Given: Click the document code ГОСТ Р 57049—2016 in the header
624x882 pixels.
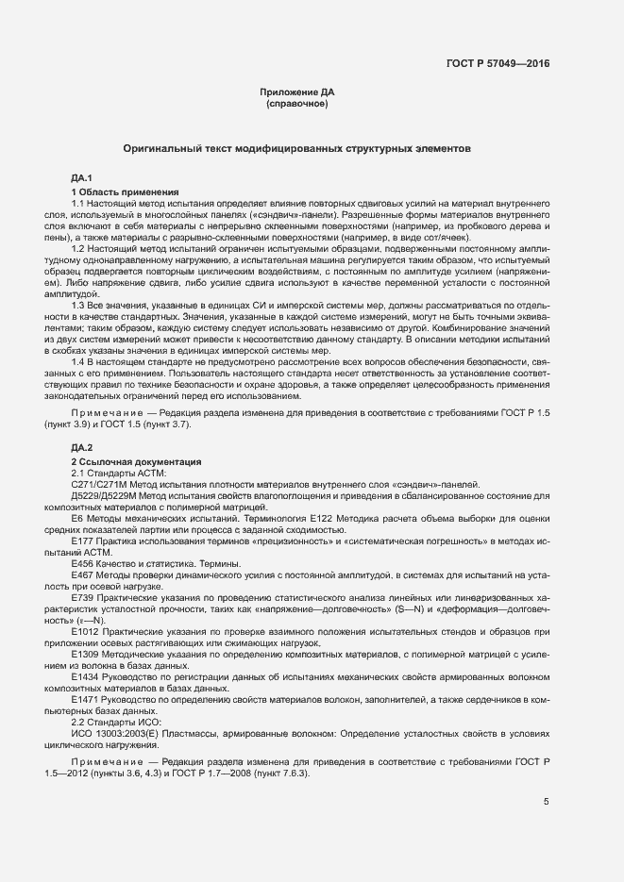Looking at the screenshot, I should [498, 64].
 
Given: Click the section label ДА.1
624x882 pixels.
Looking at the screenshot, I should [81, 178].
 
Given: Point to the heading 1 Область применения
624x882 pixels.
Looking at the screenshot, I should [126, 191].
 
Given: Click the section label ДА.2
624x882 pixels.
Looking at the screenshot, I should [81, 447].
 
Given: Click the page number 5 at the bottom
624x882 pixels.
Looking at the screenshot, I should [547, 803].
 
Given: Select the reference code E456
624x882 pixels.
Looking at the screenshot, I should [82, 562].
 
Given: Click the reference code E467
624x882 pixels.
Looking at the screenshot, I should [82, 574].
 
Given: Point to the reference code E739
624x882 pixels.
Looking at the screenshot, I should [82, 597].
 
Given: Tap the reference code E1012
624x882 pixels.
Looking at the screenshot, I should [85, 631].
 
